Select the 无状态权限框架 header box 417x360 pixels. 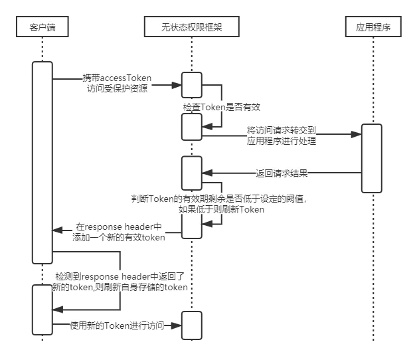click(x=193, y=27)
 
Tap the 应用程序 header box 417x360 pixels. click(x=373, y=27)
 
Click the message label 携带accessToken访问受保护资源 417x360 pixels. click(x=117, y=82)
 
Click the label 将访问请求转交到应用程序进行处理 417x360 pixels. click(x=282, y=135)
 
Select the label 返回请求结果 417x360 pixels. click(x=282, y=173)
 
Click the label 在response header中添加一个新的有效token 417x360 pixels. click(x=120, y=231)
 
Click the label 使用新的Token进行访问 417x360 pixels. click(x=118, y=325)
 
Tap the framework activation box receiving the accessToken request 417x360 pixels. click(x=192, y=84)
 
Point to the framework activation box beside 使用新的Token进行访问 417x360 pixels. click(x=192, y=325)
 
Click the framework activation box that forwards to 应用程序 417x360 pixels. click(x=192, y=126)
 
